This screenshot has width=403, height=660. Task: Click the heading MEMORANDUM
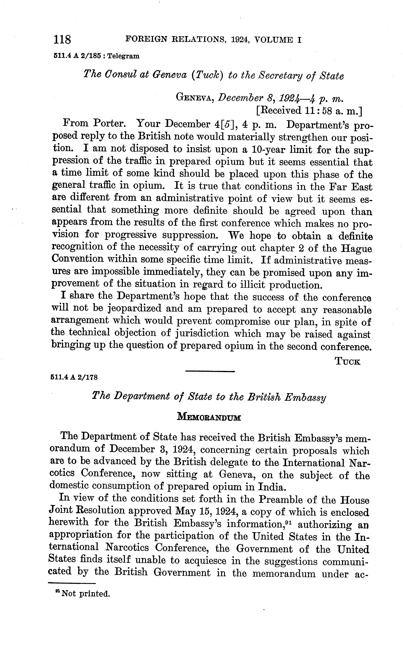click(x=209, y=418)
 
